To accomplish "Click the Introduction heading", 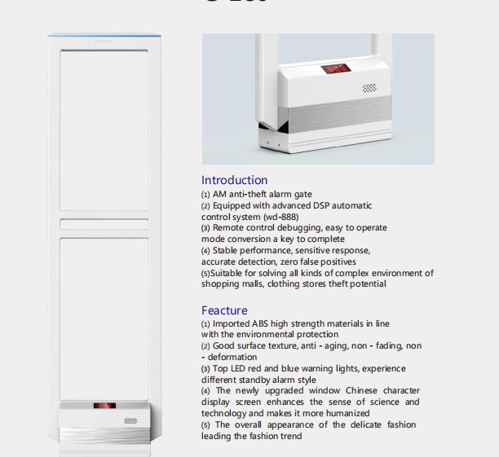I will pos(234,180).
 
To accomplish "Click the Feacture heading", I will pos(224,310).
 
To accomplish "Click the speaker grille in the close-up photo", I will pos(369,86).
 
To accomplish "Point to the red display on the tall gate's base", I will pos(104,405).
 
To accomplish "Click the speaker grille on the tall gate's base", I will pos(130,420).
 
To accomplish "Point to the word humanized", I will pos(347,414).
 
